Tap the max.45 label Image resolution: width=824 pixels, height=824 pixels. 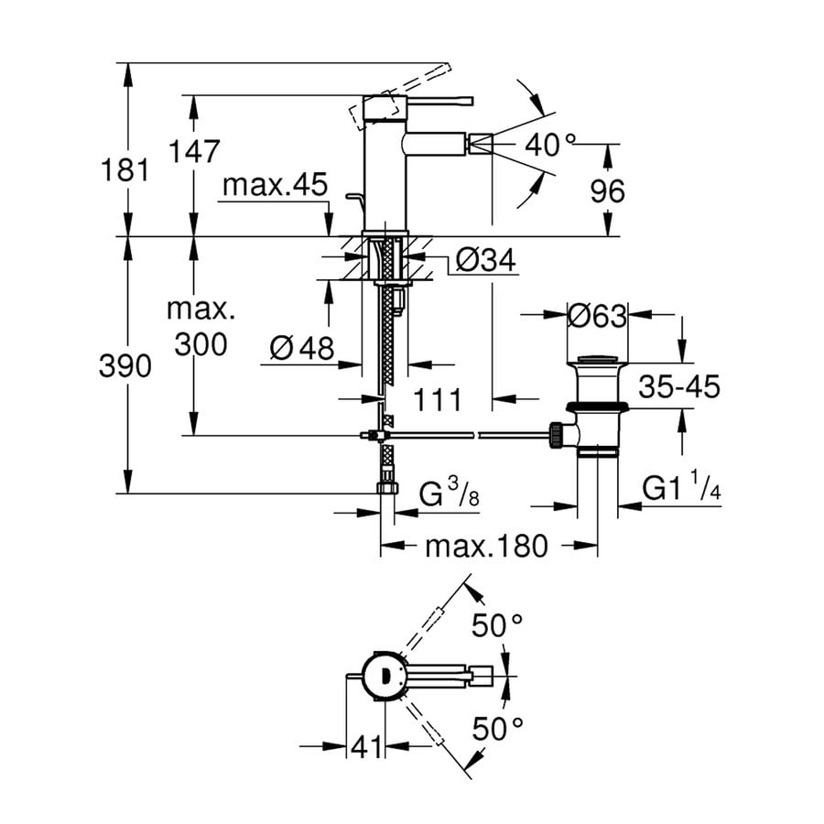click(x=275, y=186)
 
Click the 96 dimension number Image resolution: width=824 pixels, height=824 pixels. click(x=606, y=190)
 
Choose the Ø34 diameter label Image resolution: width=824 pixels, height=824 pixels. click(x=485, y=262)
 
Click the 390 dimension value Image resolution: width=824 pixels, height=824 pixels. click(x=126, y=367)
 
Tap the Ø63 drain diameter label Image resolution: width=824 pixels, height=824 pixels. click(x=597, y=316)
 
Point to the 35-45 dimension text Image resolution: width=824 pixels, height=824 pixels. click(x=679, y=386)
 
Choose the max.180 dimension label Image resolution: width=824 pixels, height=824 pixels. click(x=486, y=547)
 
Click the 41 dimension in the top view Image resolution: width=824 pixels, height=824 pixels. click(x=366, y=748)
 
